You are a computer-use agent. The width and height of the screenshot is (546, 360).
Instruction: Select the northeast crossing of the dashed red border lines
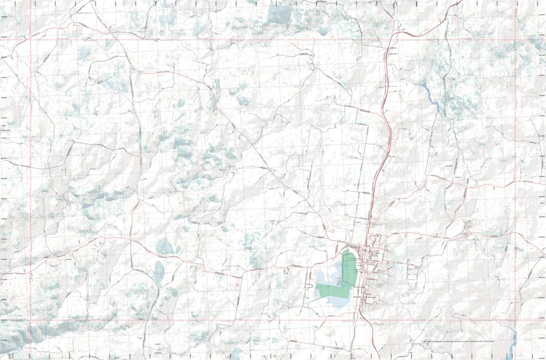[515, 39]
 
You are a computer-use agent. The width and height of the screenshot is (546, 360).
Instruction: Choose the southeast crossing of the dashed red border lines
[515, 321]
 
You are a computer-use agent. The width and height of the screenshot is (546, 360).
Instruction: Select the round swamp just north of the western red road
[165, 246]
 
